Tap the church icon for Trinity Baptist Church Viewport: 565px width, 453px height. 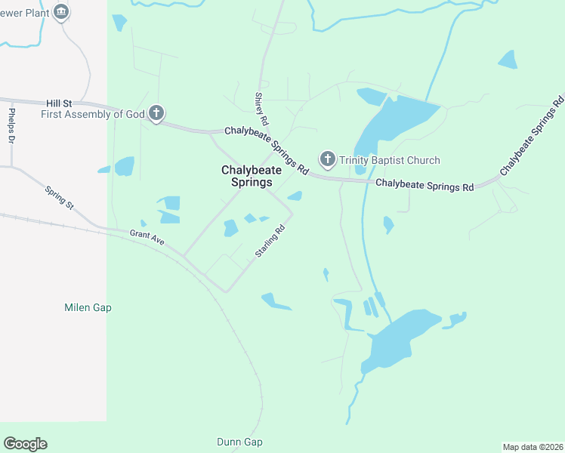click(x=327, y=159)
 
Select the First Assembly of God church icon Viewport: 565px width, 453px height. click(x=156, y=114)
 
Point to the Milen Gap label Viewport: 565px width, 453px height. click(x=88, y=307)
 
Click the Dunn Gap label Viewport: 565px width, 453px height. click(x=239, y=442)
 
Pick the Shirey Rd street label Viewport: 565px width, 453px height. click(x=261, y=109)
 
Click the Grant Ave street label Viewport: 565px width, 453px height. click(x=147, y=239)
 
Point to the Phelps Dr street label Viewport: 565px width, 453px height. click(x=11, y=126)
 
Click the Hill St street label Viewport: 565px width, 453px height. click(x=58, y=102)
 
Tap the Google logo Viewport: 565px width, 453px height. click(x=25, y=444)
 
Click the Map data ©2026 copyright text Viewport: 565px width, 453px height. click(x=533, y=447)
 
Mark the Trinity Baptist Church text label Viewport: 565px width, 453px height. click(x=389, y=160)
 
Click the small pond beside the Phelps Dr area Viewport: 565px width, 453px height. click(x=123, y=166)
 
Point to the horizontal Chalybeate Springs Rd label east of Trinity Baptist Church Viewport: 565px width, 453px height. click(x=424, y=184)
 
